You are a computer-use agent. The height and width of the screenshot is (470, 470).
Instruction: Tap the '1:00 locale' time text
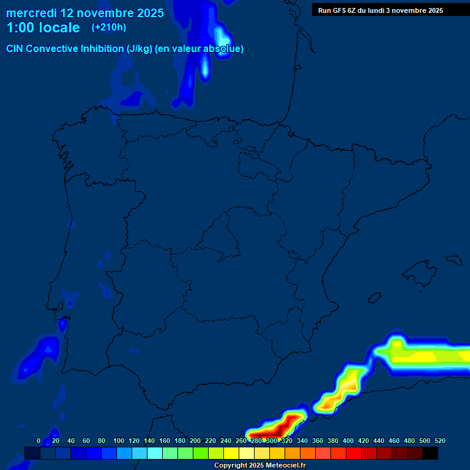point(43,28)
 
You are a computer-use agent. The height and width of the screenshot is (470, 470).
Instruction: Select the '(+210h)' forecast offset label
point(108,28)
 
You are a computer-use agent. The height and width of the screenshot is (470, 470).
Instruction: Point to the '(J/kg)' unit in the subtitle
point(140,49)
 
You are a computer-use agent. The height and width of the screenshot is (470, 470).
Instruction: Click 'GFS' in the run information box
point(340,10)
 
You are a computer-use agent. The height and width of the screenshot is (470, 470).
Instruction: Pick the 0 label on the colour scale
point(39,441)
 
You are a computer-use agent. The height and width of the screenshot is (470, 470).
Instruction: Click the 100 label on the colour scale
point(119,441)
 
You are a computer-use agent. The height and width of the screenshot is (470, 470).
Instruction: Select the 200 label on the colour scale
point(195,441)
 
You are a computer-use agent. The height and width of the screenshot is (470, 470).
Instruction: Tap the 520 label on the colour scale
point(439,441)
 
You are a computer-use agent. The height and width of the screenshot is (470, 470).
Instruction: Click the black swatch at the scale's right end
point(430,453)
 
